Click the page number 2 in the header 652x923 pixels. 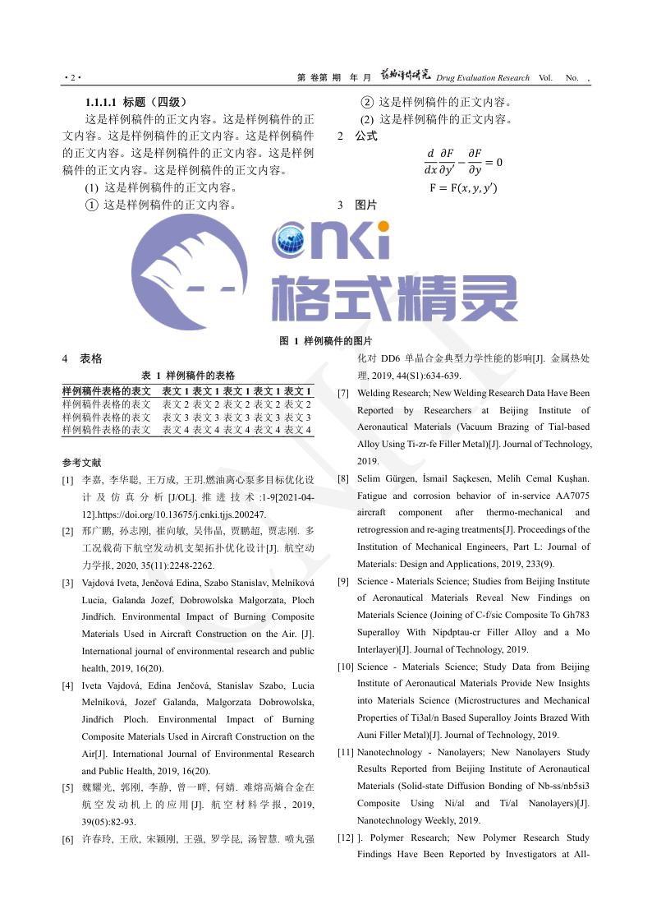72,78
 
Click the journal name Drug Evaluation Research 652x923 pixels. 483,78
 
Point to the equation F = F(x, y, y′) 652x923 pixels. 463,188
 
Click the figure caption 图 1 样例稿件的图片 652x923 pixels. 326,340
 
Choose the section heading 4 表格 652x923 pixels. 82,358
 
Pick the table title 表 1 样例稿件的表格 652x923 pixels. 188,375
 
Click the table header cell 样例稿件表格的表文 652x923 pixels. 107,391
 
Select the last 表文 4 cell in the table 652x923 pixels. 297,430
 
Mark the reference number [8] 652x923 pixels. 344,478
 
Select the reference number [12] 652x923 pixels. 346,838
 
